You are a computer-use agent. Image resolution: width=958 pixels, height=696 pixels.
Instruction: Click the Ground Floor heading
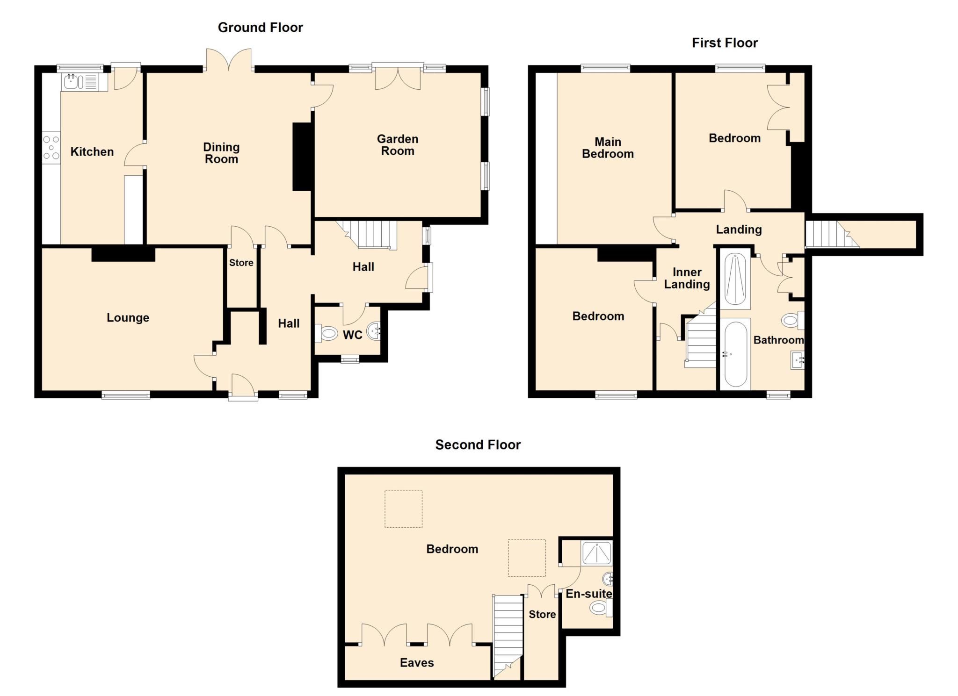pos(260,28)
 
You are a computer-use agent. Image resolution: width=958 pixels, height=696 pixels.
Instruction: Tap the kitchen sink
pos(72,82)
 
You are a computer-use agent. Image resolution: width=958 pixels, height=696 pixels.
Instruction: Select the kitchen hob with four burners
pos(51,148)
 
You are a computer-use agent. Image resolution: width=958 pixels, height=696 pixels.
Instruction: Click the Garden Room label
pos(397,145)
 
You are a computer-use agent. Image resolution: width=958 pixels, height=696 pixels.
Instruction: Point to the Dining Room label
pos(221,153)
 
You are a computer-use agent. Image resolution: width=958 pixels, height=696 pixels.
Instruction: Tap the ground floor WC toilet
pos(328,334)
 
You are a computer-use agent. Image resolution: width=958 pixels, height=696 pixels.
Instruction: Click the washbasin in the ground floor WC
pos(374,331)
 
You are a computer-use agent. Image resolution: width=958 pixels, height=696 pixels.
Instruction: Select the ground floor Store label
pos(241,263)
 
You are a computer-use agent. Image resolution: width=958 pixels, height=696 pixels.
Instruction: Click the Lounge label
pos(128,318)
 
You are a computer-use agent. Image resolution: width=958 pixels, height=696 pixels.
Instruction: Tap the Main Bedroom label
pos(607,148)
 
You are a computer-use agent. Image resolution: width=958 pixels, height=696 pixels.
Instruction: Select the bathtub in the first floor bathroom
pos(735,354)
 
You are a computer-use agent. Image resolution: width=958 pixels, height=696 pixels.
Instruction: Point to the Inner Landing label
pos(687,278)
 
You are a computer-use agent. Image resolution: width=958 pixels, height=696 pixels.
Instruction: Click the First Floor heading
pos(725,43)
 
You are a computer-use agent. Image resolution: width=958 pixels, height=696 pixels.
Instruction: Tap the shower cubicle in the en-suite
pos(596,554)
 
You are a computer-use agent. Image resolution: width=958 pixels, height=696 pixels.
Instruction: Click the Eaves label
pos(416,662)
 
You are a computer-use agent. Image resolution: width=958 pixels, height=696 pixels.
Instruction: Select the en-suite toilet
pos(600,608)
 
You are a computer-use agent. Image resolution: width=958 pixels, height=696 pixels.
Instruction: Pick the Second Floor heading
pos(478,445)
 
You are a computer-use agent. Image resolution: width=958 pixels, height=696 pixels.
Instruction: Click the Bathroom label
pos(778,340)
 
